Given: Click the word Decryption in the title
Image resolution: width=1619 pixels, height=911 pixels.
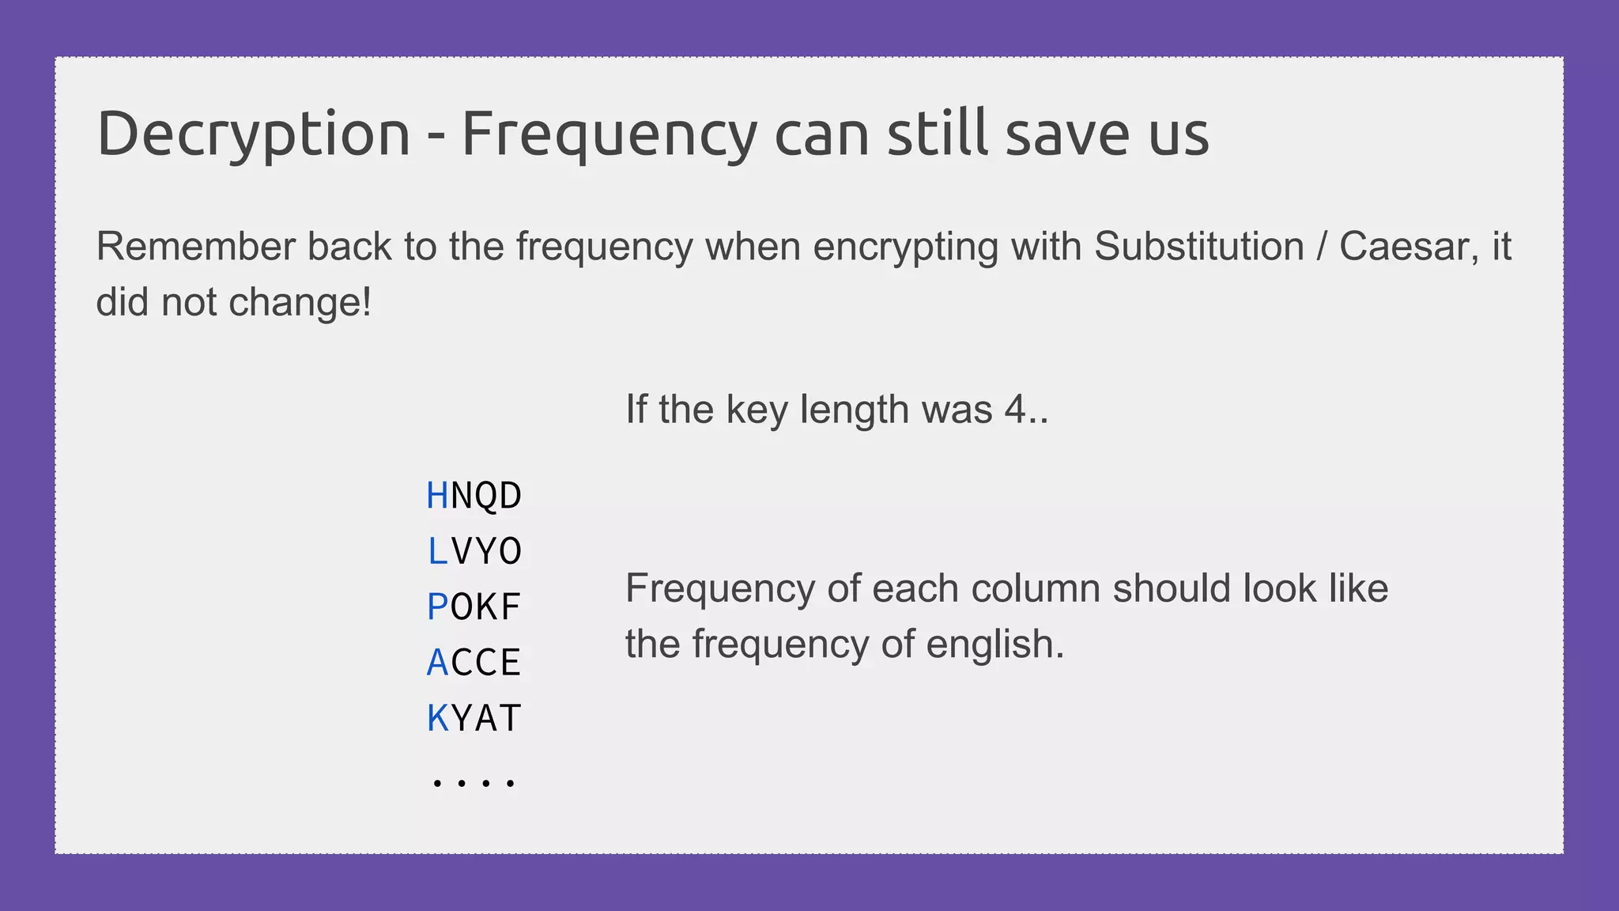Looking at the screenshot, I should coord(253,134).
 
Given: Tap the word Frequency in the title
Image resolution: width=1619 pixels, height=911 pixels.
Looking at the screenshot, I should coord(609,134).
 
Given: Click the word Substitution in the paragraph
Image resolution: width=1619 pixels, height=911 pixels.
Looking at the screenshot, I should coord(1198,247).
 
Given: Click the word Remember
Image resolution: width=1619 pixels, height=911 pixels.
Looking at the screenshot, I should coord(195,247).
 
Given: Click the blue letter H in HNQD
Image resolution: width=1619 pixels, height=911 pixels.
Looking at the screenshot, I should coord(437,496).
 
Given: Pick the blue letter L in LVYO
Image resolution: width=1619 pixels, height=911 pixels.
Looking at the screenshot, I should coord(437,551).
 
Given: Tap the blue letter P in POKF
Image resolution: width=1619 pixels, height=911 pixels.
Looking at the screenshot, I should coord(437,607).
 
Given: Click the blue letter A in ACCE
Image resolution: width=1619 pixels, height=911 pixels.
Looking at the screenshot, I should coord(437,663).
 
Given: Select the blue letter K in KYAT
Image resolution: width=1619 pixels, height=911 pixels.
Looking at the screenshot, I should coord(437,719).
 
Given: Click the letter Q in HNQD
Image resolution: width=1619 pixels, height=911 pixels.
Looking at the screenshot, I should coord(486,496).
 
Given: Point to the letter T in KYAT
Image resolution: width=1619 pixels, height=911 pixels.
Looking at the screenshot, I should coord(510,719).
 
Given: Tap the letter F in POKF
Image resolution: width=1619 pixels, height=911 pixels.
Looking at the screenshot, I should coord(510,607).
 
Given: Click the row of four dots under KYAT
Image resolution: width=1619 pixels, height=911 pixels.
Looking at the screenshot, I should coord(474,783).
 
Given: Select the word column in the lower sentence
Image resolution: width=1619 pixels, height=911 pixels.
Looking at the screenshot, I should coord(1035,588).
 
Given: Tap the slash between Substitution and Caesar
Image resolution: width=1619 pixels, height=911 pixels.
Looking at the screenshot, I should coord(1321,247).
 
